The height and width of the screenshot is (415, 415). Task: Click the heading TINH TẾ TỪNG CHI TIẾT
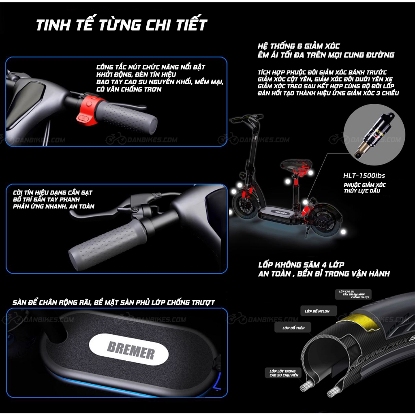122,25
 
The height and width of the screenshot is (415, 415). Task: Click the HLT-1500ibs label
364,176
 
